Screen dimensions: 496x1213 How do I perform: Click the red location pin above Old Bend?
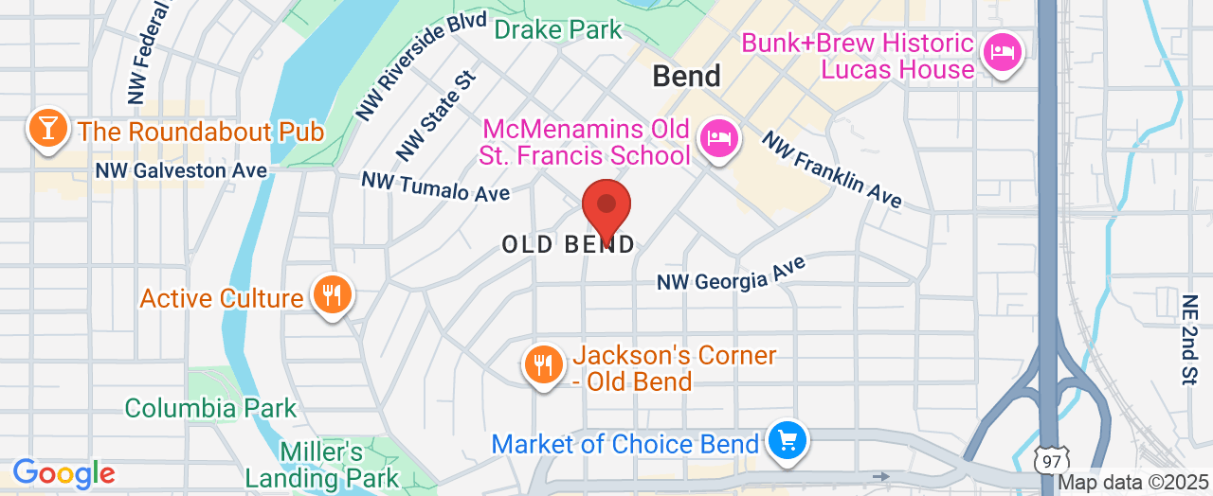pos(606,206)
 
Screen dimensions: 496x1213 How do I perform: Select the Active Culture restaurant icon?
pos(331,294)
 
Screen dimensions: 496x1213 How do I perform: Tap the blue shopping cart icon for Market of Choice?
pos(788,440)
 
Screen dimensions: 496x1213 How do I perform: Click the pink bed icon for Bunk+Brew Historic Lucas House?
pos(1002,51)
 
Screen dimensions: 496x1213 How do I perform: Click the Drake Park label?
pos(559,29)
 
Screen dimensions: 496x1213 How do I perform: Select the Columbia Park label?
pos(211,409)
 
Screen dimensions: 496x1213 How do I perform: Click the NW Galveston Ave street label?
pos(174,170)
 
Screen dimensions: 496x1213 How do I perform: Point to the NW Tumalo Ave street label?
pos(436,186)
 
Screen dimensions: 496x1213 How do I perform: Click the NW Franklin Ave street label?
pos(832,169)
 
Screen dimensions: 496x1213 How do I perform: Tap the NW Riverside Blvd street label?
pos(421,65)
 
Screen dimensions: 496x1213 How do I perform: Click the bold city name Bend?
pos(687,76)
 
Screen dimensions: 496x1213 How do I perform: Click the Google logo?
pos(63,473)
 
